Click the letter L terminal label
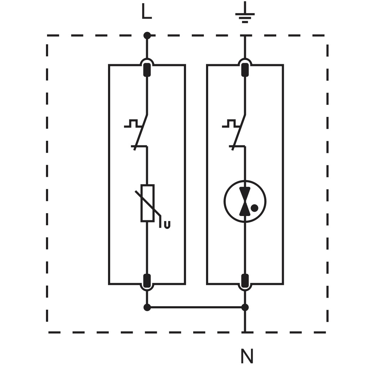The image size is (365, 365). click(146, 11)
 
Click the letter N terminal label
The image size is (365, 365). click(247, 356)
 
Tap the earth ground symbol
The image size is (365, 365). click(245, 14)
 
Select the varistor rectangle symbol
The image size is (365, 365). click(147, 203)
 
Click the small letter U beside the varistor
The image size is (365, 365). click(167, 225)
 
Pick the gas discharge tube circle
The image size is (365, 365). click(224, 202)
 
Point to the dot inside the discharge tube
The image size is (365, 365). click(255, 208)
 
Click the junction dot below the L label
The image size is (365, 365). click(147, 35)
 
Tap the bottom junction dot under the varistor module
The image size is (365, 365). click(147, 308)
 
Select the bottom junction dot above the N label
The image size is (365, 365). click(245, 308)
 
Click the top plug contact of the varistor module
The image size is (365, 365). click(147, 70)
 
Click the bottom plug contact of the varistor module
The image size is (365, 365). click(147, 281)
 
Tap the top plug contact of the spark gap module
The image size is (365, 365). click(245, 70)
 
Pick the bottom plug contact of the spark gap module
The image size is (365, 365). click(245, 281)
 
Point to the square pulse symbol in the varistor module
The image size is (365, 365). click(133, 123)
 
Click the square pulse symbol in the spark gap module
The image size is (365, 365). click(231, 123)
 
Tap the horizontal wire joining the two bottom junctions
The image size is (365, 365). click(196, 308)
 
